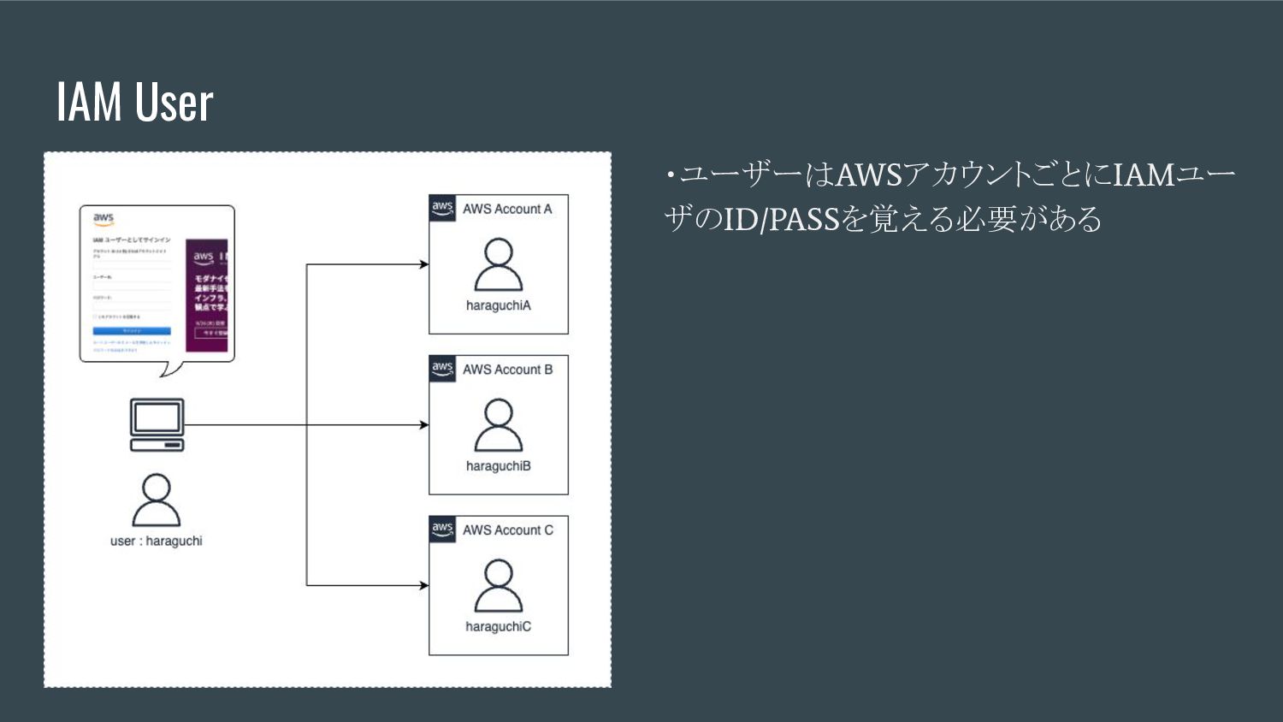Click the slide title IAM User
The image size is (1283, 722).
click(134, 102)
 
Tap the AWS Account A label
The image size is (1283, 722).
click(507, 209)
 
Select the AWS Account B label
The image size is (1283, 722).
click(507, 370)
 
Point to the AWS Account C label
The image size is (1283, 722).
click(507, 530)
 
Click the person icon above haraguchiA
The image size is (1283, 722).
click(499, 265)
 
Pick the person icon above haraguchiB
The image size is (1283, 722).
click(499, 425)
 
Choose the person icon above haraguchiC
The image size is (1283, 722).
click(499, 586)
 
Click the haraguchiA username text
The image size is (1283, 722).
click(499, 305)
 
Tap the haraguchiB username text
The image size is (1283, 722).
click(499, 466)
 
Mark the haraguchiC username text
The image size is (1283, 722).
click(499, 627)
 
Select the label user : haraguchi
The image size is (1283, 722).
click(157, 541)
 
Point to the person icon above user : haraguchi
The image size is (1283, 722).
click(157, 500)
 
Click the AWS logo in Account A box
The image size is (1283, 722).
click(442, 208)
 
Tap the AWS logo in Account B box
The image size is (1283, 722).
click(442, 369)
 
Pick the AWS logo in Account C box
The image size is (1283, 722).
click(442, 530)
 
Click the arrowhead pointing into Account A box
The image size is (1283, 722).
click(423, 264)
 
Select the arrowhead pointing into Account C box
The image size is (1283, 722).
click(423, 585)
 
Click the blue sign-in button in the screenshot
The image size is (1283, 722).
click(132, 331)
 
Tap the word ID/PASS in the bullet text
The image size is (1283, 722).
click(781, 220)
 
